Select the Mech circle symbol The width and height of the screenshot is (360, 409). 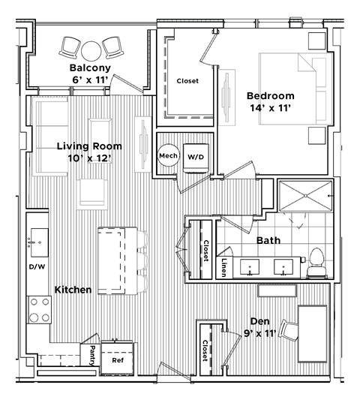tap(167, 157)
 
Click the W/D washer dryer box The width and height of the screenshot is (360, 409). tap(196, 157)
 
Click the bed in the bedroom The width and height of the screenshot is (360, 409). tap(292, 88)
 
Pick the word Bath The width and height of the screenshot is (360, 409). tap(268, 241)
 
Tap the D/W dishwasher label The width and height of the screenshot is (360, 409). tap(37, 266)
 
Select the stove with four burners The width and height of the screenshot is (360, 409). tap(38, 308)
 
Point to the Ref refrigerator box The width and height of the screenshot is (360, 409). tap(118, 359)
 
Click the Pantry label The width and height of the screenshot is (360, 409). tap(91, 353)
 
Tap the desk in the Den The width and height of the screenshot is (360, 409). tap(311, 328)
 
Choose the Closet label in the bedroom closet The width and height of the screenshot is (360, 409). tap(187, 81)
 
